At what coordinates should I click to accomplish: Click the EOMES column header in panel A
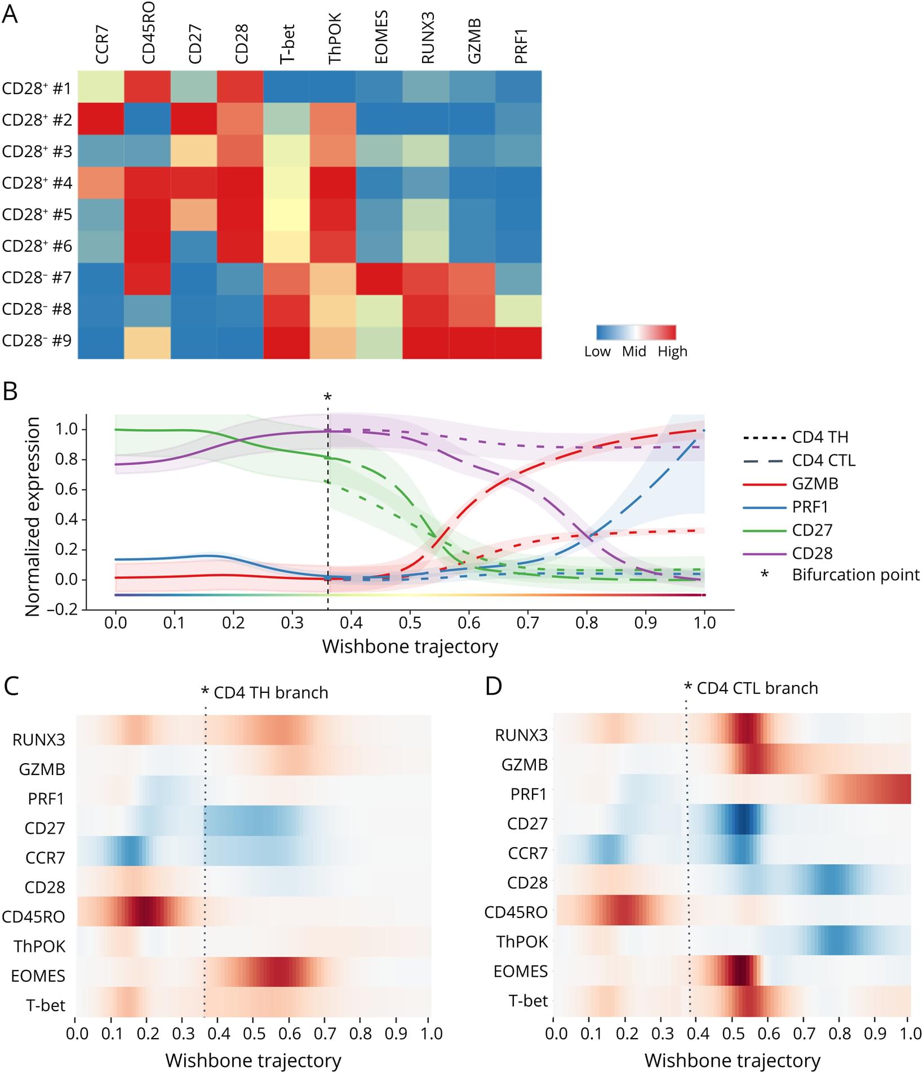tap(381, 37)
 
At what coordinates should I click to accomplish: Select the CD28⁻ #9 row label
tap(37, 341)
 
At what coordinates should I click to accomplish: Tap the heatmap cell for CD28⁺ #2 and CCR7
tap(101, 118)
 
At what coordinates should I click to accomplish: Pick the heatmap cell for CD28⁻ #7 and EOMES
tap(379, 279)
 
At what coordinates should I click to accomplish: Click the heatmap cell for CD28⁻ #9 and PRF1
tap(518, 342)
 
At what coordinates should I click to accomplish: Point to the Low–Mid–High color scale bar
tap(636, 332)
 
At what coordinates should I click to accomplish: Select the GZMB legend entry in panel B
tap(815, 483)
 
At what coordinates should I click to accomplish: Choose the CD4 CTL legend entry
tap(823, 460)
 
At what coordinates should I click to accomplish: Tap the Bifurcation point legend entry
tap(855, 575)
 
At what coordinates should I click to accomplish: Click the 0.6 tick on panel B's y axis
tap(66, 489)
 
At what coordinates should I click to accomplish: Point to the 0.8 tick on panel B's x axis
tap(587, 622)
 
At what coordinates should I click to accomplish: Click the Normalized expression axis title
tap(32, 516)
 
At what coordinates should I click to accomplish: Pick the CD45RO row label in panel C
tap(33, 916)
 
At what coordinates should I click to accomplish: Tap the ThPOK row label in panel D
tap(522, 941)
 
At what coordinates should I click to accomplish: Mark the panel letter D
tap(493, 686)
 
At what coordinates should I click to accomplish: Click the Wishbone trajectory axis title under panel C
tap(253, 1061)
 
